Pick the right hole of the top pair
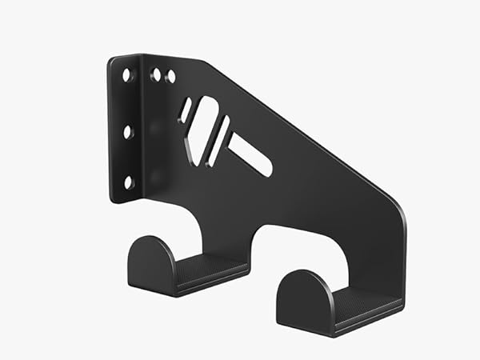coord(170,78)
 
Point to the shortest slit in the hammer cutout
coord(186,110)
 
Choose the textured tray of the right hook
coord(364,303)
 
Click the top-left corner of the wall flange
coord(111,59)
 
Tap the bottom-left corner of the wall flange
coord(113,199)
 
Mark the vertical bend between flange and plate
coord(142,128)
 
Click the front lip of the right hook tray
coord(368,320)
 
